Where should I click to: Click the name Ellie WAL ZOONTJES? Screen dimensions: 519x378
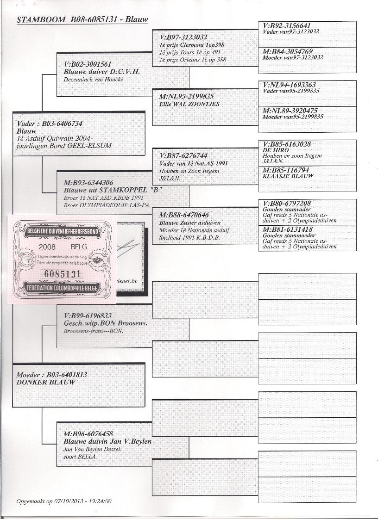click(189, 104)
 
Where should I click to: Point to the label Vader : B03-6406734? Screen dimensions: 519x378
click(49, 124)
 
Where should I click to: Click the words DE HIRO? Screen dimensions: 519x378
click(276, 150)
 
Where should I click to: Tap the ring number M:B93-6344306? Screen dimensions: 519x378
click(88, 183)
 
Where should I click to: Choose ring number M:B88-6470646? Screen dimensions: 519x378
click(183, 215)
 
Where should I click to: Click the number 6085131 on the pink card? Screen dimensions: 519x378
click(63, 274)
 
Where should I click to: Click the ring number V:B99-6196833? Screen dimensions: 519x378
click(88, 316)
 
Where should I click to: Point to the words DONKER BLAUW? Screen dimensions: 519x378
click(45, 382)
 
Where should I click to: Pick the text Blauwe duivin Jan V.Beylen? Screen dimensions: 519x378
click(107, 441)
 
